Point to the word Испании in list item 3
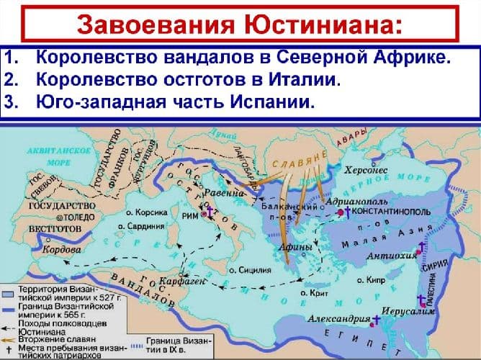pos(275,102)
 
